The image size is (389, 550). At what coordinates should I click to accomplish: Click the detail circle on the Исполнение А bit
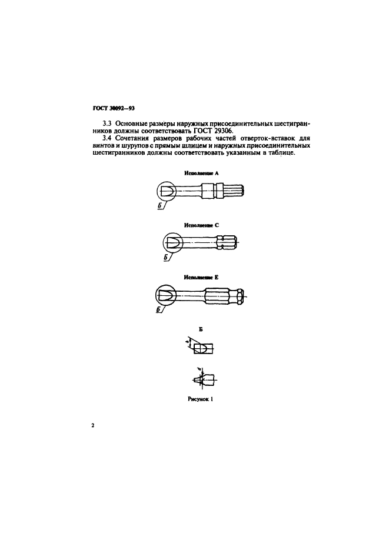(167, 191)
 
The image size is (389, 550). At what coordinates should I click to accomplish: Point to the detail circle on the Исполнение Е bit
(165, 295)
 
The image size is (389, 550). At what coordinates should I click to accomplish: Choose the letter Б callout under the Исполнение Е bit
(159, 311)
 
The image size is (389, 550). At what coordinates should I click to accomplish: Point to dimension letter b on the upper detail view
(188, 341)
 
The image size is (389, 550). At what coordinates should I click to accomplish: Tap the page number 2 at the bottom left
(93, 424)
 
